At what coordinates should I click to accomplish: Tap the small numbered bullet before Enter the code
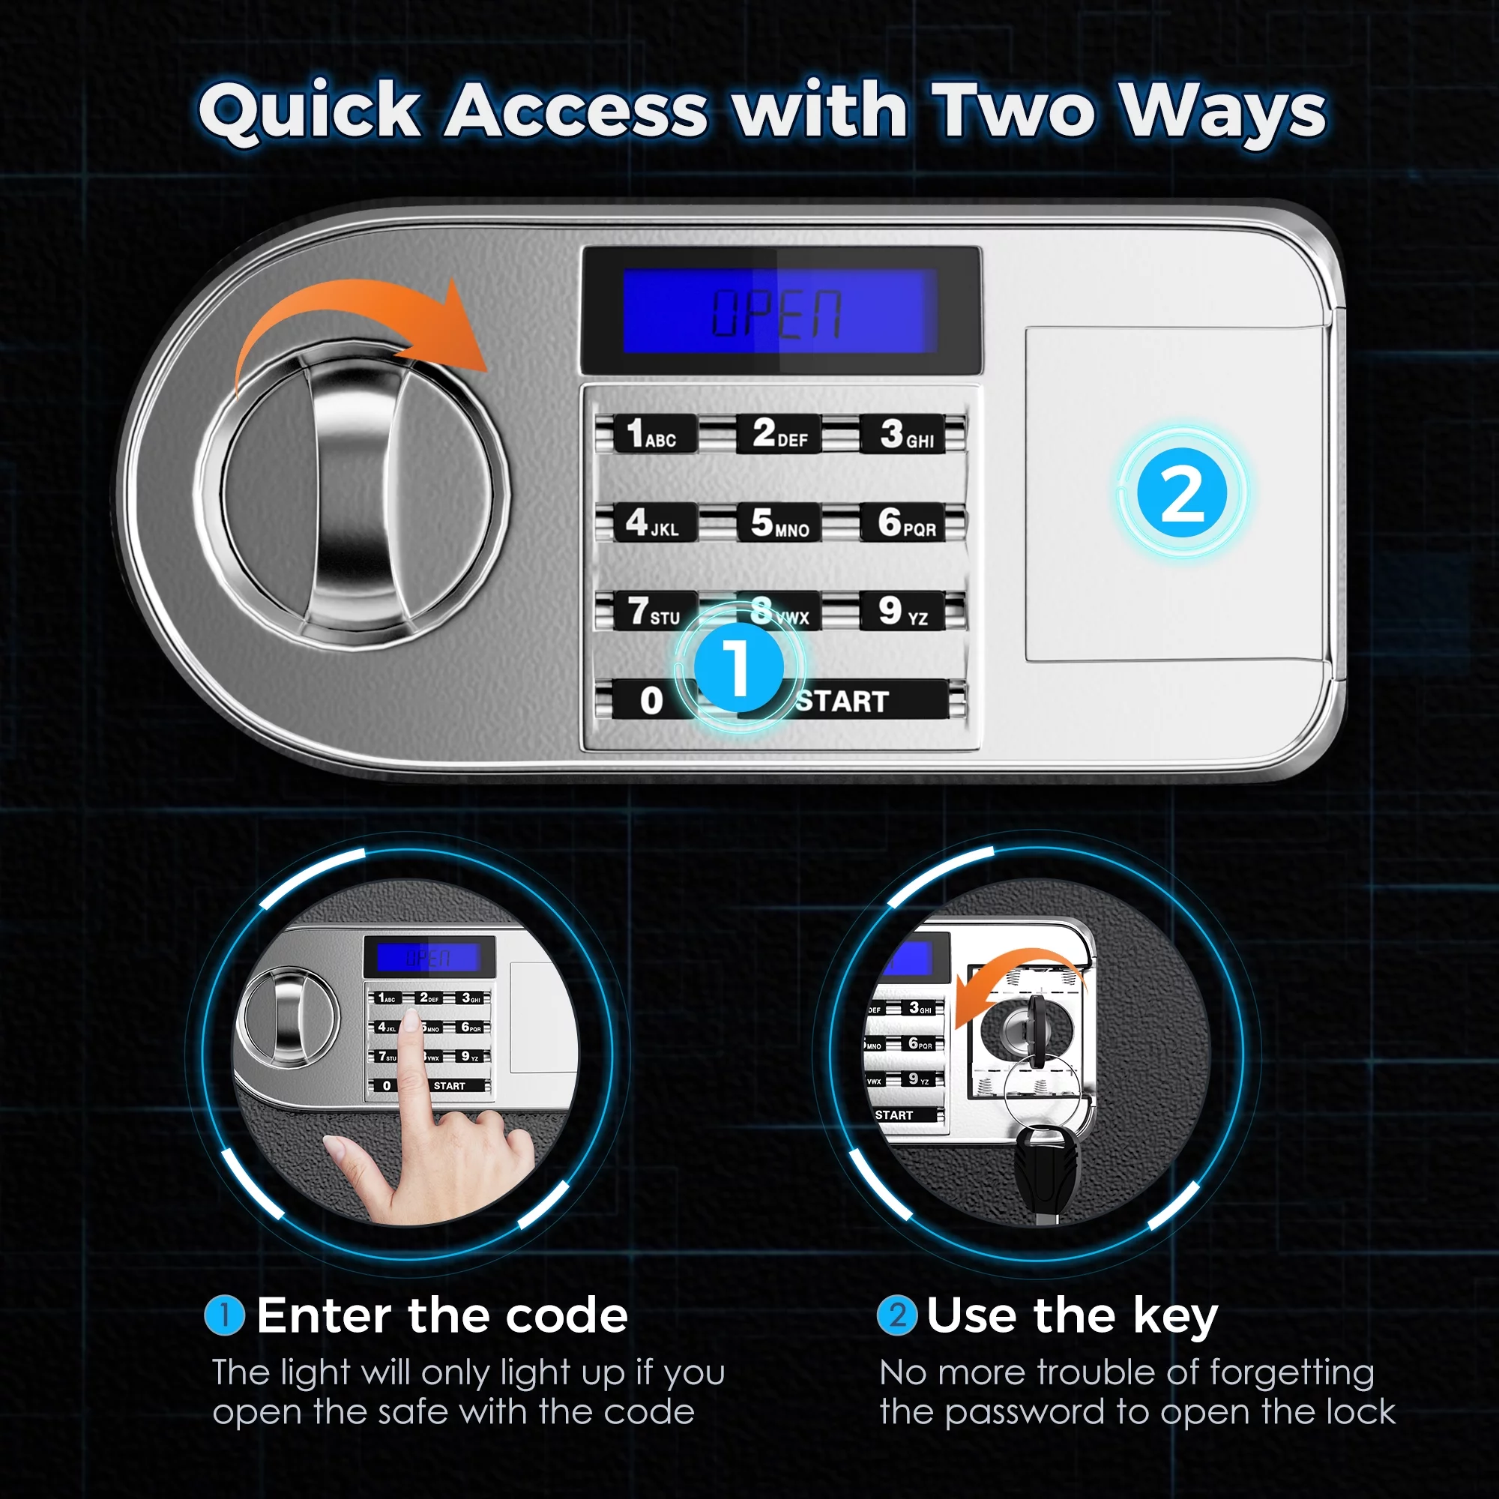click(224, 1315)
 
